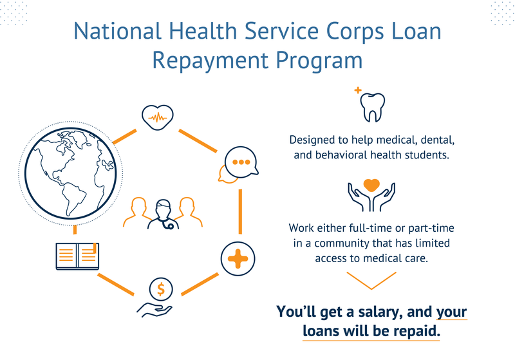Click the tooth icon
click(x=373, y=108)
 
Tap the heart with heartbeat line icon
click(x=158, y=117)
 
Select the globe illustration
click(x=71, y=173)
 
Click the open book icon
click(x=77, y=256)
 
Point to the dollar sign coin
click(x=160, y=289)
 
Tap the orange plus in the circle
click(x=238, y=259)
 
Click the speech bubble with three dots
click(x=241, y=162)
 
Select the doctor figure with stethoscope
click(x=164, y=214)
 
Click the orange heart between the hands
click(x=371, y=185)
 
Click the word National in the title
click(x=118, y=31)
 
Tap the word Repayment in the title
click(x=211, y=61)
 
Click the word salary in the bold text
click(x=380, y=312)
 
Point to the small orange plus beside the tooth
click(x=358, y=90)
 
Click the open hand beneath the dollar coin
click(x=154, y=310)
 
